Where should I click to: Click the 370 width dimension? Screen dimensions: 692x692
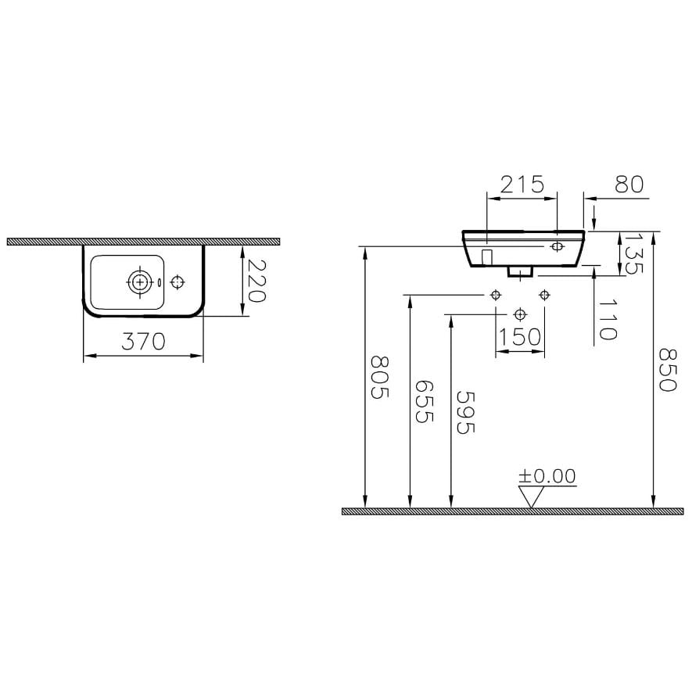[x=143, y=341]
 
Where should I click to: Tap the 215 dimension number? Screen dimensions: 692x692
[x=522, y=184]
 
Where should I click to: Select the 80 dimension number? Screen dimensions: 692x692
[x=629, y=184]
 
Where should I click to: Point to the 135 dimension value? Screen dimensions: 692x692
[x=634, y=254]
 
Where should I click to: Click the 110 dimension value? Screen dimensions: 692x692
[x=608, y=319]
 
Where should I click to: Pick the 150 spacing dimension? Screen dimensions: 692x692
[x=519, y=337]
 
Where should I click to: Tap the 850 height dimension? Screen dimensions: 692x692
[x=667, y=370]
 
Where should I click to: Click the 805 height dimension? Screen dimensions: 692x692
[x=379, y=378]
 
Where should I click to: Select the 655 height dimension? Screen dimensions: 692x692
[x=425, y=401]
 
